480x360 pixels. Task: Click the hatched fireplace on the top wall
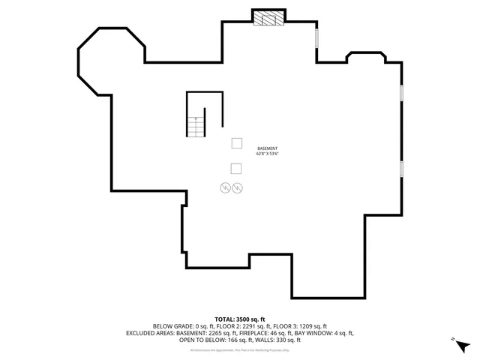pos(268,19)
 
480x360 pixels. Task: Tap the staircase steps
pos(196,127)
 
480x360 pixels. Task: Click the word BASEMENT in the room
pos(267,148)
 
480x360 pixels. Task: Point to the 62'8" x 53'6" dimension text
pos(267,154)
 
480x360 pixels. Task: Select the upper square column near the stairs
pos(236,142)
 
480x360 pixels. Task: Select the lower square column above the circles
pos(236,168)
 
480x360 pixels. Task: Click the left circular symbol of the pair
pos(225,187)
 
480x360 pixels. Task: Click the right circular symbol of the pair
pos(238,187)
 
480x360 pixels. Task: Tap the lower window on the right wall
pos(402,169)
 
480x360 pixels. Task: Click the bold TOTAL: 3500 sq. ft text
pos(240,319)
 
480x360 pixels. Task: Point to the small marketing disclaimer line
pos(240,349)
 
